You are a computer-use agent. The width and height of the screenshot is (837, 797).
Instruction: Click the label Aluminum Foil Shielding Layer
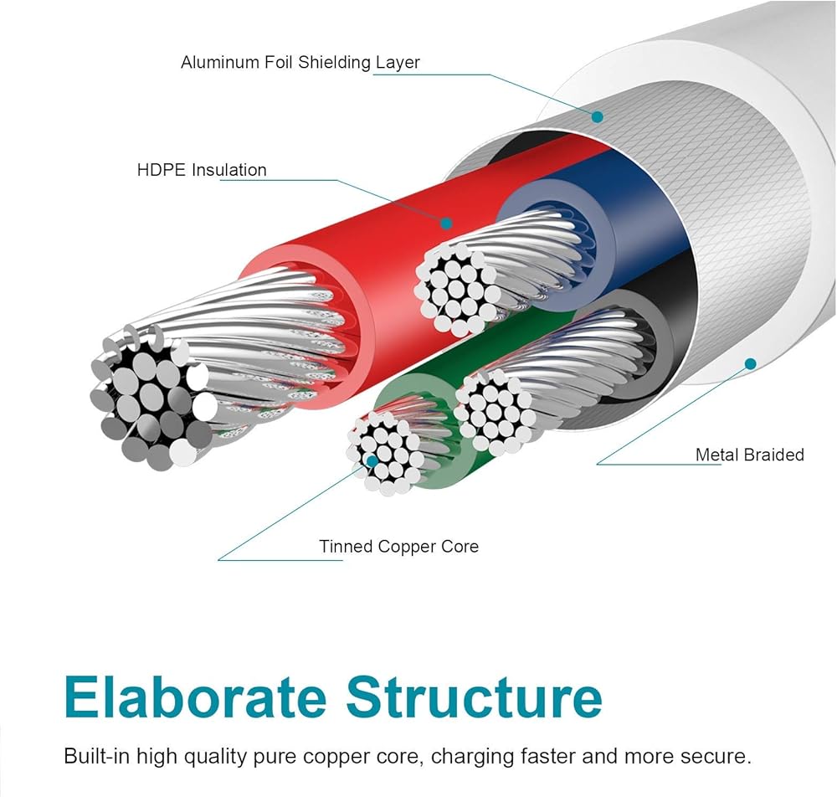300,62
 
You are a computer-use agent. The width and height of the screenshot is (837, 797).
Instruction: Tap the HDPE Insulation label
202,170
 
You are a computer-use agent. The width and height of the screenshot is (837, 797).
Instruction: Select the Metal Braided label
749,455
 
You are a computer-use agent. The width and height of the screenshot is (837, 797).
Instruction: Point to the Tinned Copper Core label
398,547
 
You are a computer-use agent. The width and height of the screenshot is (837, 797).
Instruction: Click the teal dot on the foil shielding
597,116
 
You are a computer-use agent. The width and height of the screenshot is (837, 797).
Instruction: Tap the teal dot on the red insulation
446,224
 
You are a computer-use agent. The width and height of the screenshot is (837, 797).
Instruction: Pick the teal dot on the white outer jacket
750,363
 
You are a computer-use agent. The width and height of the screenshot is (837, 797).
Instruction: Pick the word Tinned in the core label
345,547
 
